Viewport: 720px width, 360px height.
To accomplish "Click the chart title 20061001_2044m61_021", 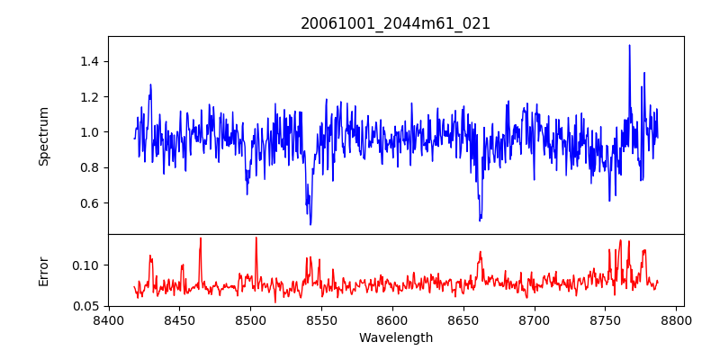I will (x=396, y=23).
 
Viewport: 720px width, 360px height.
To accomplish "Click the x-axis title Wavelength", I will (x=396, y=337).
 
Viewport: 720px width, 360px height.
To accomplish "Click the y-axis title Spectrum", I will (x=43, y=136).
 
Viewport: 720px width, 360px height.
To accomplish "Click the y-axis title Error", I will (x=43, y=271).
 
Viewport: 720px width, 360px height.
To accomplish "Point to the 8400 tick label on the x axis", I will (x=109, y=319).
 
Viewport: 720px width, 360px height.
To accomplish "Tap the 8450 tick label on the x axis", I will (x=179, y=319).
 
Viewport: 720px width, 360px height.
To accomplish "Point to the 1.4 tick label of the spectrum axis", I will (x=89, y=61).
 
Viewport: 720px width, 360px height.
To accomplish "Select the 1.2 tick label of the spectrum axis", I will (x=89, y=96).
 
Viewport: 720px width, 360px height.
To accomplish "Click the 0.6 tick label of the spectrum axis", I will (x=89, y=202).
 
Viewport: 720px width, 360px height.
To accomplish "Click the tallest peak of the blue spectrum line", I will (x=629, y=45).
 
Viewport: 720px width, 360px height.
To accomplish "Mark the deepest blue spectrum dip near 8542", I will (x=310, y=223).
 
